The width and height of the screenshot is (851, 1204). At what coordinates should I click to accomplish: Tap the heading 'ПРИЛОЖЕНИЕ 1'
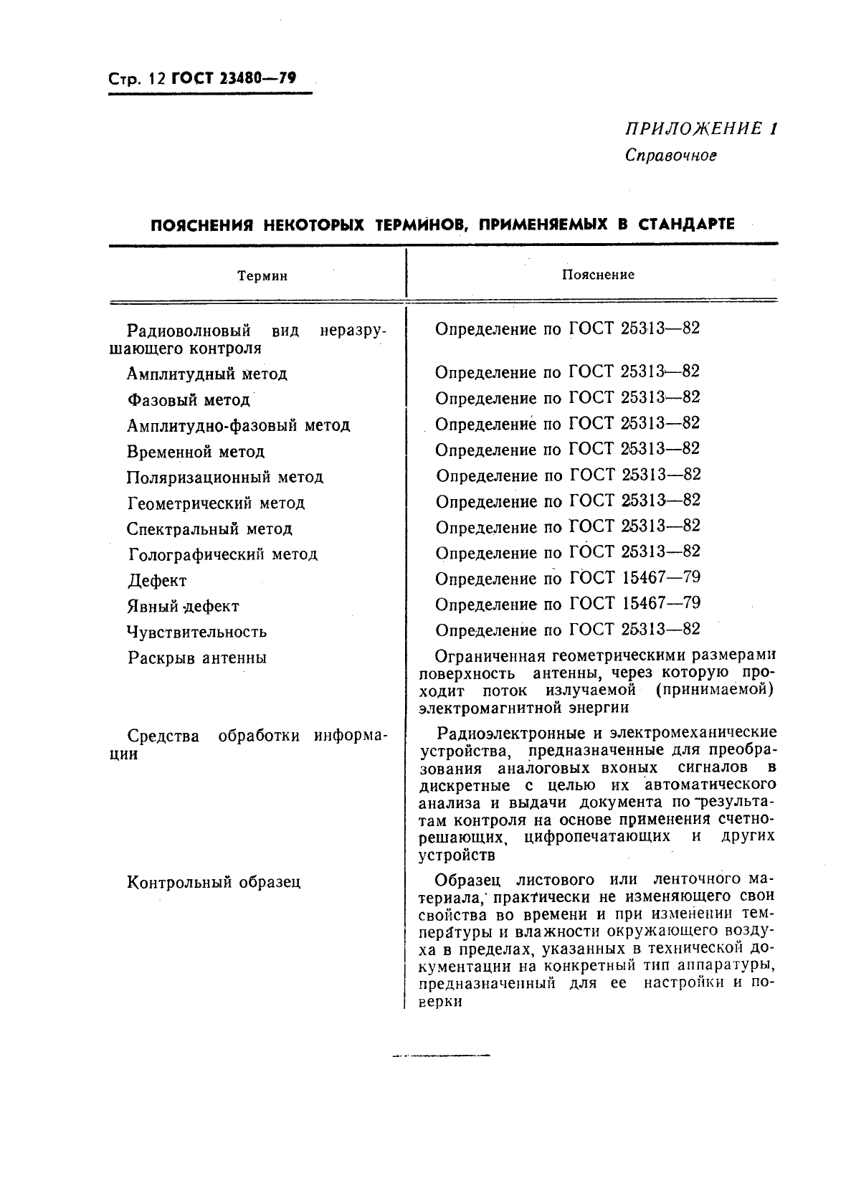[700, 129]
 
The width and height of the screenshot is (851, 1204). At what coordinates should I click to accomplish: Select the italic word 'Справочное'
[670, 155]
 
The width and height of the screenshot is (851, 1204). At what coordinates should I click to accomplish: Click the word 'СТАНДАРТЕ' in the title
[686, 224]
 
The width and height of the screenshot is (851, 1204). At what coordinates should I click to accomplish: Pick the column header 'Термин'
[262, 276]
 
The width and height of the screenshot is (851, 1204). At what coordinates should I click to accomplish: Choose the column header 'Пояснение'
[598, 275]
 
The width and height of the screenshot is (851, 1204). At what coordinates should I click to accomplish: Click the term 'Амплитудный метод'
[207, 374]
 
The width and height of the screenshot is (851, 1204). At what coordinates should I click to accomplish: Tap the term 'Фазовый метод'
[189, 400]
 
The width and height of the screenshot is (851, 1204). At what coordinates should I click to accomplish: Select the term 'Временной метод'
[196, 452]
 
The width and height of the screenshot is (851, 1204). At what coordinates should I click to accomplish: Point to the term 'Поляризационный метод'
[225, 478]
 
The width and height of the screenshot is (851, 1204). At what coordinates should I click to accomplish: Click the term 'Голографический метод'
[223, 555]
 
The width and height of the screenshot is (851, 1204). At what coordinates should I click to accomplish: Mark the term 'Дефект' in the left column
[157, 581]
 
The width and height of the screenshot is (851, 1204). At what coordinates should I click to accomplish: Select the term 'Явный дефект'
[183, 607]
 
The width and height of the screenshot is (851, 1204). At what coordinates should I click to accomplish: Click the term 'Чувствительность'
[197, 632]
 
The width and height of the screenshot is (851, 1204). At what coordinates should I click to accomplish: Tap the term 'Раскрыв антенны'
[197, 658]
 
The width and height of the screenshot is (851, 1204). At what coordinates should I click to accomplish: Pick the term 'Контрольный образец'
[214, 883]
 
